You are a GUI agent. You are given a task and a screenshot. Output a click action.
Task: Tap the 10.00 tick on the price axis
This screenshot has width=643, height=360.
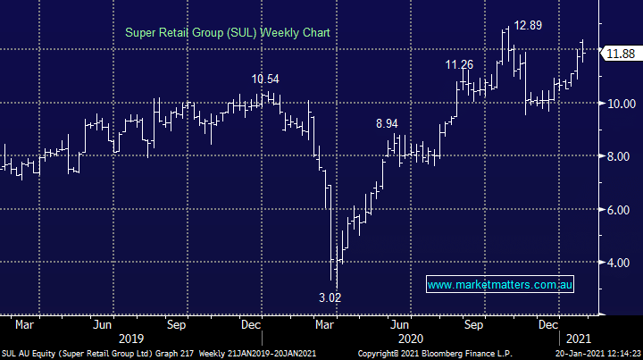(x=621, y=104)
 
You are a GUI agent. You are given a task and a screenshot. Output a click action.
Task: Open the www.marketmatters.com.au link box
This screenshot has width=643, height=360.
(x=500, y=285)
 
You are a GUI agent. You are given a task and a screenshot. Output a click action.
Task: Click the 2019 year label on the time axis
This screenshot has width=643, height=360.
(x=131, y=338)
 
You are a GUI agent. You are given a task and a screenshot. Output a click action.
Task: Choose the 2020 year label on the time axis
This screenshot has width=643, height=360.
(x=410, y=338)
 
